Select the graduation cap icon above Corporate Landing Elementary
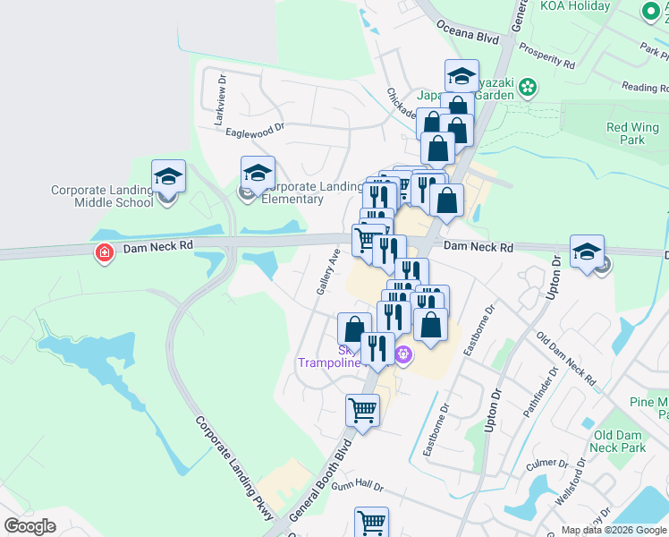click(258, 172)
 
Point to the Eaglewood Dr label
click(255, 130)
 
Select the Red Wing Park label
click(626, 133)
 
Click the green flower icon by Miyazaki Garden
click(529, 88)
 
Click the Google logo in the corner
click(30, 526)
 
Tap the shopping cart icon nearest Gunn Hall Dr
click(371, 522)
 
